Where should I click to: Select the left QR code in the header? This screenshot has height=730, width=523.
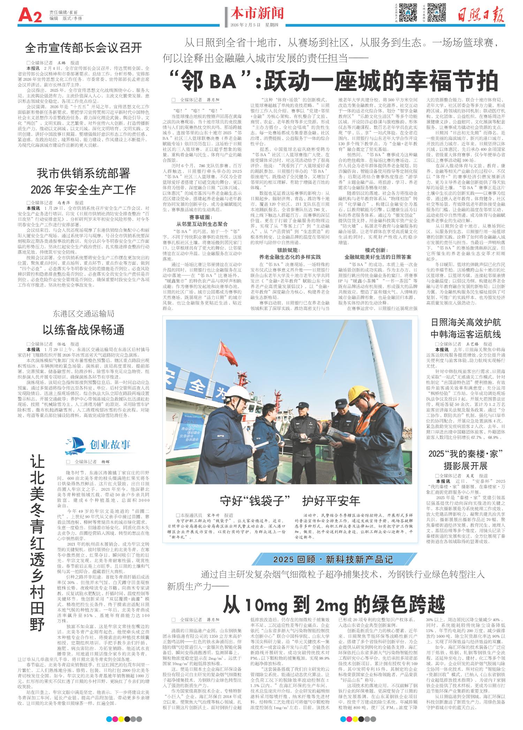[x=408, y=13]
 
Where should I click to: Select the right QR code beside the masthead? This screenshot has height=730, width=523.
[x=437, y=13]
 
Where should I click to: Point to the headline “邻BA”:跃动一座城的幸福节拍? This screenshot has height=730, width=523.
[x=333, y=82]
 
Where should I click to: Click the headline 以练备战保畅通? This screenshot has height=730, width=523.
[x=83, y=329]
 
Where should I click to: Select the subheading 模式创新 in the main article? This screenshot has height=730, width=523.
[x=378, y=250]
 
